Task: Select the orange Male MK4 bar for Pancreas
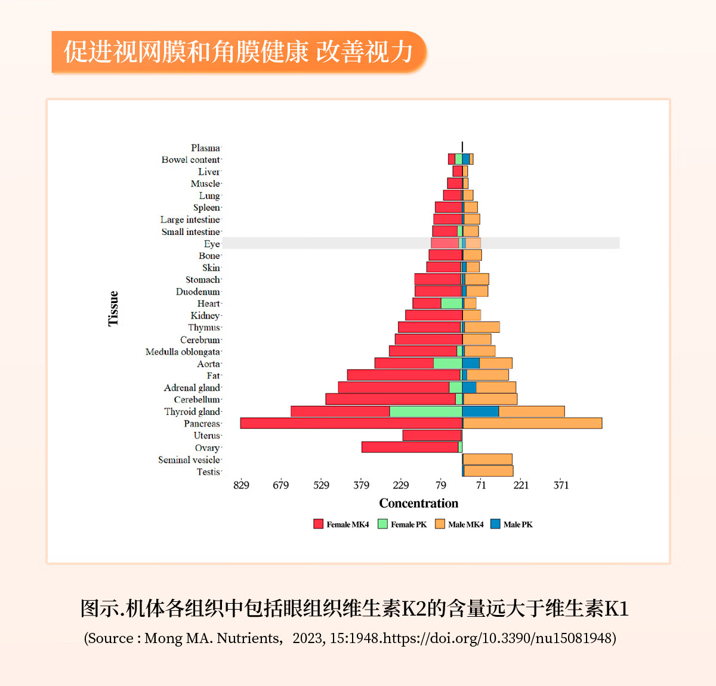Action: [532, 424]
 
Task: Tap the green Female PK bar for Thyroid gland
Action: [425, 412]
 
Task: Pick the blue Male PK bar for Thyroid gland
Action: [480, 412]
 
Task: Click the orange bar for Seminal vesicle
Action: [487, 459]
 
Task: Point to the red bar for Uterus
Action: [432, 435]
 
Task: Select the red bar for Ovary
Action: [410, 447]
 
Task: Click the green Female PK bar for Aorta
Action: [447, 363]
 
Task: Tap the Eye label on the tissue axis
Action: [212, 244]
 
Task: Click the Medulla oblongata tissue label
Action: [183, 352]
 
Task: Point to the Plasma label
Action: [205, 148]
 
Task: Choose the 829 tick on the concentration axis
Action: [241, 485]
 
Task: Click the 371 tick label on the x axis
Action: [561, 485]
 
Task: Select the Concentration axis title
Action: [419, 503]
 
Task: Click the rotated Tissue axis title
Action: [113, 308]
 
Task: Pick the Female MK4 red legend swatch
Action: [319, 524]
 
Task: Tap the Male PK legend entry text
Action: [518, 524]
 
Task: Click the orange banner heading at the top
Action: [239, 52]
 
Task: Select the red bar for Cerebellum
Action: [390, 400]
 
